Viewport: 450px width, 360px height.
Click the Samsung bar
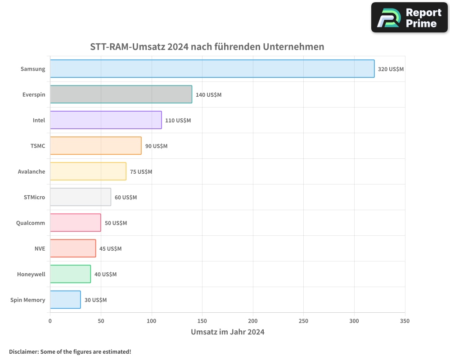point(212,69)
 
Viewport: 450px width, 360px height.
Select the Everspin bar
point(121,94)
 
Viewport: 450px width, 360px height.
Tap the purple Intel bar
point(106,120)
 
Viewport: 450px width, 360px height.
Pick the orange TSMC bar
point(95,146)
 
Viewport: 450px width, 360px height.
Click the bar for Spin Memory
point(65,300)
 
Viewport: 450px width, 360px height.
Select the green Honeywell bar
point(70,274)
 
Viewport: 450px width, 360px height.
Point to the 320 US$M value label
point(391,69)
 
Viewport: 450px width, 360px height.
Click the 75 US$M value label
point(141,172)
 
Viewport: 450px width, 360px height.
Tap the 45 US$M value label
point(110,249)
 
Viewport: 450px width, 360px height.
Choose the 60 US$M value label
point(126,198)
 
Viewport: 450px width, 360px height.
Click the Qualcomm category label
point(31,223)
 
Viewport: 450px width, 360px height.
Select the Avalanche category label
point(31,171)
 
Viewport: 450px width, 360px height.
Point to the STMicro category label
point(34,197)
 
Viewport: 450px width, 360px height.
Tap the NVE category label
point(40,248)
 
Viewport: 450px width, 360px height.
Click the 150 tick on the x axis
point(202,321)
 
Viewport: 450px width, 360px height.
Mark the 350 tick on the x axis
point(405,321)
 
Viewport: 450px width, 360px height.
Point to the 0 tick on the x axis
point(50,321)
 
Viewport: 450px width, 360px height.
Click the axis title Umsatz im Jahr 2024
point(227,332)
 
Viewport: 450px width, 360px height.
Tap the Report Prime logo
point(409,18)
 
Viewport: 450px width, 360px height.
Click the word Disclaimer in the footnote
point(23,351)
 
